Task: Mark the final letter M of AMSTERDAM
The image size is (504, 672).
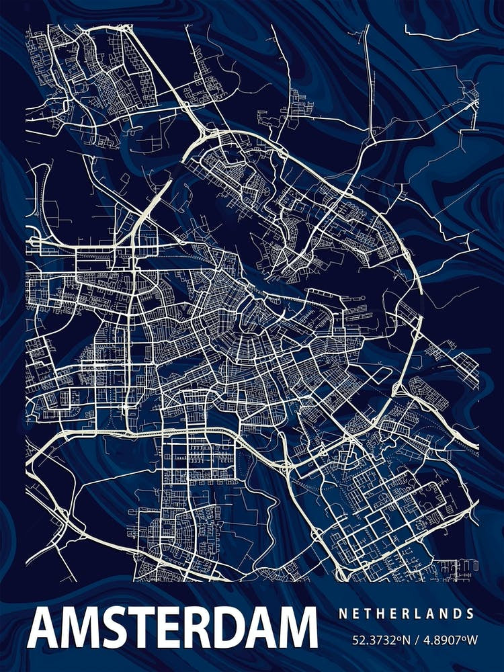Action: tap(296, 628)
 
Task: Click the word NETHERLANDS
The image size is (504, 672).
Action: tap(407, 614)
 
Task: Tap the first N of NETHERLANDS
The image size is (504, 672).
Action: tap(343, 614)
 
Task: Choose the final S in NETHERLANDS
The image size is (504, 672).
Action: tap(470, 614)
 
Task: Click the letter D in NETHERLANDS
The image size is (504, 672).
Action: tap(458, 614)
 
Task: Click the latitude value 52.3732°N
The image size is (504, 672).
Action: tap(381, 640)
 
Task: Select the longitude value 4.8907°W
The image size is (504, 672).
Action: tap(448, 640)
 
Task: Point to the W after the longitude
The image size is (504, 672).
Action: tap(472, 640)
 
